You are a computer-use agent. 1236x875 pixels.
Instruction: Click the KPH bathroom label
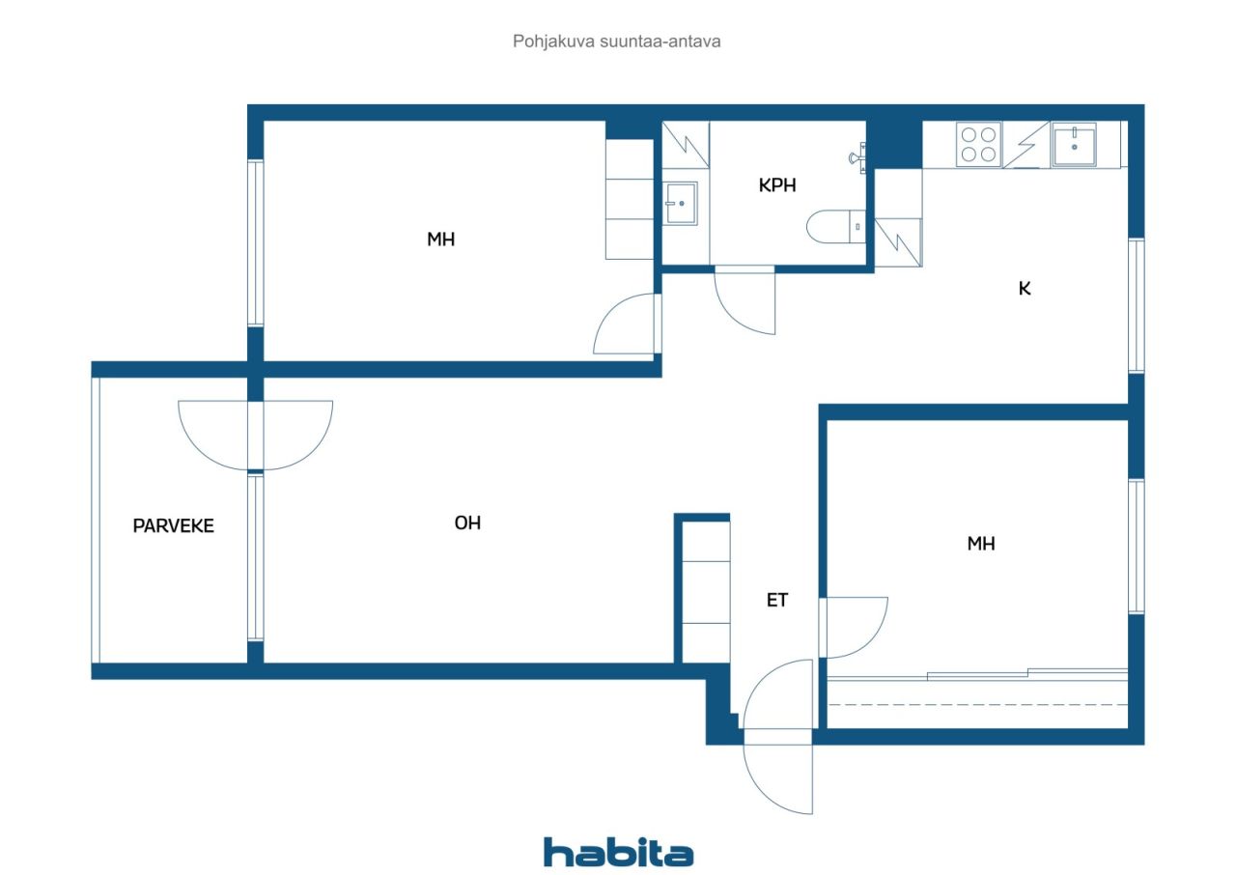click(777, 185)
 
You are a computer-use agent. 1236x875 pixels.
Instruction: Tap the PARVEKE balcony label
click(173, 525)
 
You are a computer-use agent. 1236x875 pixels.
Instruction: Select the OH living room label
click(467, 523)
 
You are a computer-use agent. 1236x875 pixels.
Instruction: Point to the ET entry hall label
click(777, 601)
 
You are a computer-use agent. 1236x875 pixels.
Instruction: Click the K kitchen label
click(1025, 288)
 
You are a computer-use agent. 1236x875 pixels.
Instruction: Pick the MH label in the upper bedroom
click(441, 240)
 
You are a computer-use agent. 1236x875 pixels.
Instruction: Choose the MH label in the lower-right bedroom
click(981, 544)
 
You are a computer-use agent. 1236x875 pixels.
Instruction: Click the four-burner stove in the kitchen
click(978, 144)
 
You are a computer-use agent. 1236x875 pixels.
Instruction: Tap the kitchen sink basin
click(1074, 145)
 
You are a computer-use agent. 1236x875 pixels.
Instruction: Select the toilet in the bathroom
click(836, 226)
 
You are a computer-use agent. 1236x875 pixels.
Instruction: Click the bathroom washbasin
click(681, 204)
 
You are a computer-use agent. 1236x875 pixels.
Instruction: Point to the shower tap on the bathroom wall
click(857, 157)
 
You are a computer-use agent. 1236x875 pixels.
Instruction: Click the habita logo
click(618, 853)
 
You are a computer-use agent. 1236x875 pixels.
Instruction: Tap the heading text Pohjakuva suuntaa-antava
click(616, 42)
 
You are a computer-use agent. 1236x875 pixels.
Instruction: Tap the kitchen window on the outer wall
click(1137, 305)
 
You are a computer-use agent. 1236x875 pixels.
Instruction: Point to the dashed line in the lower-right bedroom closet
click(977, 705)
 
